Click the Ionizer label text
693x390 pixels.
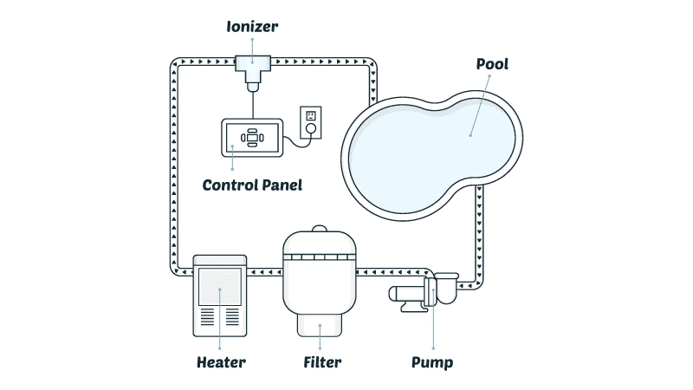pyautogui.click(x=253, y=26)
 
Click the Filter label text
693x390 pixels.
pyautogui.click(x=322, y=361)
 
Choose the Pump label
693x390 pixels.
pyautogui.click(x=432, y=361)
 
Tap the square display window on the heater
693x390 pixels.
pyautogui.click(x=219, y=286)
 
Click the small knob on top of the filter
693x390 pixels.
pyautogui.click(x=320, y=230)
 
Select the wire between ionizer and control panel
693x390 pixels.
pyautogui.click(x=253, y=102)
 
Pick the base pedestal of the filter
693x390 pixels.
pyautogui.click(x=321, y=327)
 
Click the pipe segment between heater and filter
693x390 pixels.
pyautogui.click(x=263, y=272)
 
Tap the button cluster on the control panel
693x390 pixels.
pyautogui.click(x=252, y=137)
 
